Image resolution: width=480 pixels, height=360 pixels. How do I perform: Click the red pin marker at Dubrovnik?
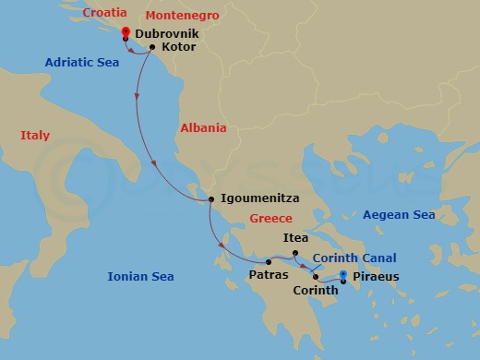coord(125,32)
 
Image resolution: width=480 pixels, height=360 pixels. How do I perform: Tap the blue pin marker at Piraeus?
coord(343,276)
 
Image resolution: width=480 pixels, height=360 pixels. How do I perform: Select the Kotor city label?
coord(177,46)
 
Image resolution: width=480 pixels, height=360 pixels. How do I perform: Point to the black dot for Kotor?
coord(151,46)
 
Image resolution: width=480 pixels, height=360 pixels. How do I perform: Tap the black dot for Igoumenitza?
coord(210,198)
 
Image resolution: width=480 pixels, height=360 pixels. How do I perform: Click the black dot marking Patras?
coord(269,262)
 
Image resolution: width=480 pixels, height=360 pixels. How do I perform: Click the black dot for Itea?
coord(294,253)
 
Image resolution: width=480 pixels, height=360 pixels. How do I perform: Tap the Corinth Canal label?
coord(354,258)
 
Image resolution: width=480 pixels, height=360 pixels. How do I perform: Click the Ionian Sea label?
coord(141,276)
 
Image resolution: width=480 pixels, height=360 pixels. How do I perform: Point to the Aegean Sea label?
coord(399,214)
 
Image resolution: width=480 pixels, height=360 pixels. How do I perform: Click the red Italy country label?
coord(34,136)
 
